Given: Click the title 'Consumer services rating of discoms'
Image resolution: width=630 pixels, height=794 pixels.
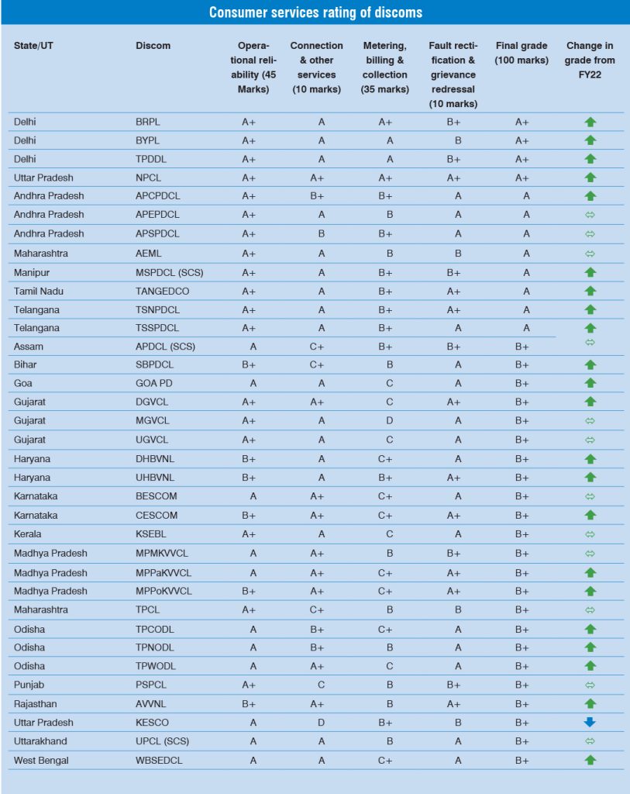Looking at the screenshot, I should [x=315, y=12].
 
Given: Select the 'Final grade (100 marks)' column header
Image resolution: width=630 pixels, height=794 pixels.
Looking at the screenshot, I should [x=522, y=53].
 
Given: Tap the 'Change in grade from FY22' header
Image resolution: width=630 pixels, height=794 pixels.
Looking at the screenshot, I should [x=590, y=60].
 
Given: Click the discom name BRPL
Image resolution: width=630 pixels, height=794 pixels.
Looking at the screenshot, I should [x=148, y=122].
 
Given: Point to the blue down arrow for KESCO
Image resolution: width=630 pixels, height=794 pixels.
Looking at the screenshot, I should [x=590, y=723].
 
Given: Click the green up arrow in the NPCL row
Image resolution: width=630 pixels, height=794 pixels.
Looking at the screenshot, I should [x=590, y=178].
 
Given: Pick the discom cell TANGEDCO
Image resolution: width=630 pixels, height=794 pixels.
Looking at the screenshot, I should [x=162, y=291].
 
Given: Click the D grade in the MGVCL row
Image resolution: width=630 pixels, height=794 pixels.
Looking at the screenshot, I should [x=390, y=420].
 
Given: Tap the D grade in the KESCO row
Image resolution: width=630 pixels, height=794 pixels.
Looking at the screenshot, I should [x=316, y=723].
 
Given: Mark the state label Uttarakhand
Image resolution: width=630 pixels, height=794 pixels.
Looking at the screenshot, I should [x=40, y=741].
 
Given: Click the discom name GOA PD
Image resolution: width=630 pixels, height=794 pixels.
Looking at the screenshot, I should [x=153, y=383].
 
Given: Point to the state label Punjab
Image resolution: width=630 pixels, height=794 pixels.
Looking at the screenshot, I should [x=29, y=685].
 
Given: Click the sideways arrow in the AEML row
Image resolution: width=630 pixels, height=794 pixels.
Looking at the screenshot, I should [x=590, y=254].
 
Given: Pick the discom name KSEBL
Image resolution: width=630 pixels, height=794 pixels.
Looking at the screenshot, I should [x=150, y=534].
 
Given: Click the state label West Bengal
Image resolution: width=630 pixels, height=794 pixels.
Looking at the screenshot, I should [x=41, y=761].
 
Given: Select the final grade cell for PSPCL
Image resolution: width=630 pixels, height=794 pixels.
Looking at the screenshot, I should [x=522, y=685].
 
